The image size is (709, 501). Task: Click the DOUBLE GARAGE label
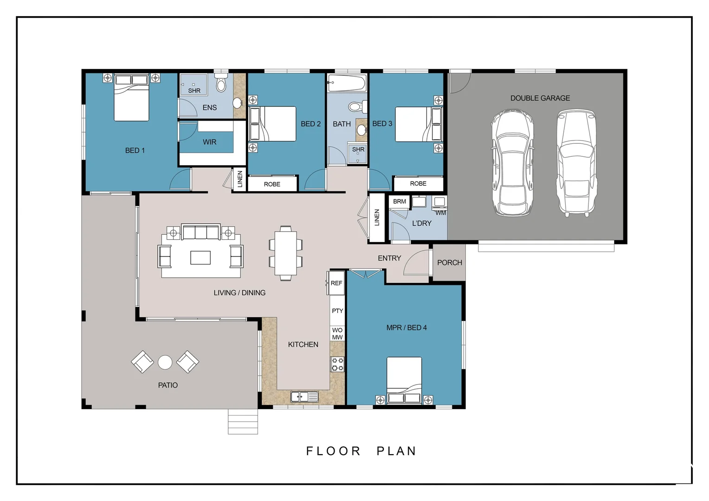click(x=540, y=98)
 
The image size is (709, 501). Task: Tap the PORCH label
click(x=450, y=263)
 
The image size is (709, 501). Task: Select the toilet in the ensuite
click(x=221, y=82)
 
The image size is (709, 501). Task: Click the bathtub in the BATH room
click(x=347, y=83)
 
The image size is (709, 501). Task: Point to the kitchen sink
click(x=304, y=397)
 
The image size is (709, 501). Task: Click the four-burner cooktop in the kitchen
click(x=337, y=364)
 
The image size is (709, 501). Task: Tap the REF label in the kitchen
click(x=336, y=283)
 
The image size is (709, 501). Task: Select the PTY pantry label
click(x=337, y=311)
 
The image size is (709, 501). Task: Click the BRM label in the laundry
click(x=400, y=201)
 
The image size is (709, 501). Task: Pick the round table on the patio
click(x=165, y=362)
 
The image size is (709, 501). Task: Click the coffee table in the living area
click(x=200, y=257)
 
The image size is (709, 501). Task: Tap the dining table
click(x=285, y=253)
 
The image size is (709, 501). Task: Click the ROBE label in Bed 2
click(x=272, y=184)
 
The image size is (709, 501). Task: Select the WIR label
click(x=210, y=142)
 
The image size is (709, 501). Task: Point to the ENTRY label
click(x=389, y=258)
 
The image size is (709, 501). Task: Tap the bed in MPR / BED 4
click(x=404, y=380)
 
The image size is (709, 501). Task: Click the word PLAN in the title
click(x=396, y=451)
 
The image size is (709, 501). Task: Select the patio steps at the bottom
click(x=243, y=422)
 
